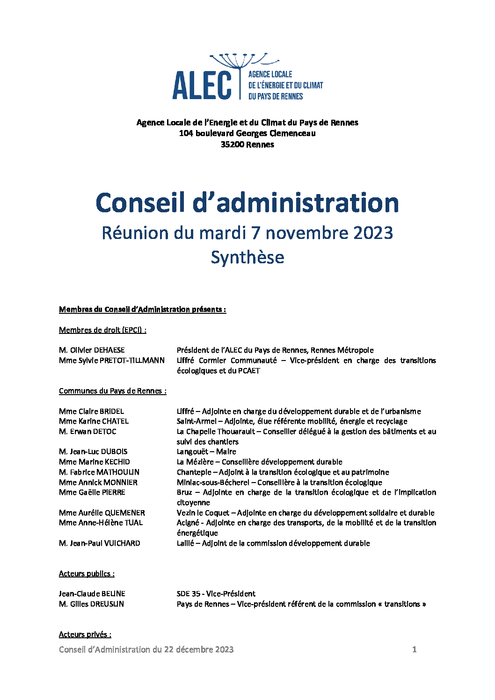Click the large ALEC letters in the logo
(202, 85)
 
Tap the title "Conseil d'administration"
(247, 203)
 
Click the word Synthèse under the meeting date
(247, 258)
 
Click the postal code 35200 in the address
(233, 144)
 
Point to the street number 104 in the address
(186, 133)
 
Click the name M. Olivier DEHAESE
(92, 350)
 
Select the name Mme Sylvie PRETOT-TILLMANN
(112, 361)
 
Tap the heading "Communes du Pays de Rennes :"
(112, 391)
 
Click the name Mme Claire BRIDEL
(91, 411)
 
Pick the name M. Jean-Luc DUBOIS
(93, 452)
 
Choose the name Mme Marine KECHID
(95, 462)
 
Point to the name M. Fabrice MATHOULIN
(99, 472)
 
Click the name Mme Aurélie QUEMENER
(102, 513)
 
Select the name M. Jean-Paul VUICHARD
(100, 543)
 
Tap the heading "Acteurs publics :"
(87, 574)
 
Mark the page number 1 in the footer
(414, 649)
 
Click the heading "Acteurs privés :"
(85, 635)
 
